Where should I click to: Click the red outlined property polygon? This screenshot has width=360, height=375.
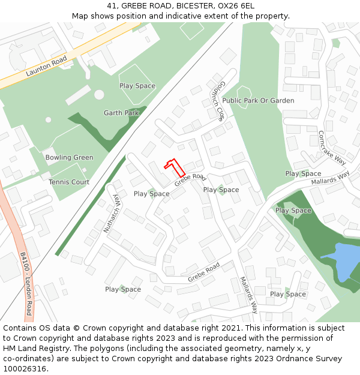[175, 167]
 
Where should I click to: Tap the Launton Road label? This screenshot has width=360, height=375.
[46, 67]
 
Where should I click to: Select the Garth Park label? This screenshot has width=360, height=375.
[121, 113]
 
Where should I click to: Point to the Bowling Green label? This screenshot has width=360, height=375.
[70, 158]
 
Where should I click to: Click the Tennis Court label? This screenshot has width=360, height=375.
[69, 182]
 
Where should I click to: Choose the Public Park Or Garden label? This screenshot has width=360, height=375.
[258, 101]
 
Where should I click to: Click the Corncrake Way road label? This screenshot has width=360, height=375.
[332, 148]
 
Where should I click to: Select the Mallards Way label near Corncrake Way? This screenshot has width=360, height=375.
[330, 178]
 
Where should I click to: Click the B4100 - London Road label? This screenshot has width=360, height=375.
[25, 284]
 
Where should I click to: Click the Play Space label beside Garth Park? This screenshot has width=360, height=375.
[137, 86]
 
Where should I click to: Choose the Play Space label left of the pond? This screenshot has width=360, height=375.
[293, 211]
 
